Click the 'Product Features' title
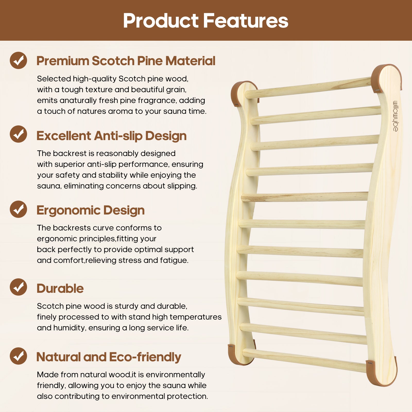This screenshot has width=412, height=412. pos(205,21)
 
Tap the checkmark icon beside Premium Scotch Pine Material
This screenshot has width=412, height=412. pos(19,60)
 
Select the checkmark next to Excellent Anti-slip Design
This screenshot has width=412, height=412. pos(19,134)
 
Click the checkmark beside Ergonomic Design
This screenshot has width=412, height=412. pos(19,209)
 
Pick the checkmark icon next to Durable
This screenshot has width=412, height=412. pos(19,287)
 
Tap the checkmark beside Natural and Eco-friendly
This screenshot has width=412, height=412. pos(19,356)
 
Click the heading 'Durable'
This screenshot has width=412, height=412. pos(60,288)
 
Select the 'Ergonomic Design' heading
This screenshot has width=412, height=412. pos(91,211)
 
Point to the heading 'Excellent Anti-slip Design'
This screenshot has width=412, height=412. pos(111,136)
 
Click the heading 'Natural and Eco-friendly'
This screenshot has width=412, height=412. pos(109,357)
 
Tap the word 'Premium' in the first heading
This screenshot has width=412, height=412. pos(63,61)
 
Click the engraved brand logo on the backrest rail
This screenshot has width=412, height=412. pos(396,116)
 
